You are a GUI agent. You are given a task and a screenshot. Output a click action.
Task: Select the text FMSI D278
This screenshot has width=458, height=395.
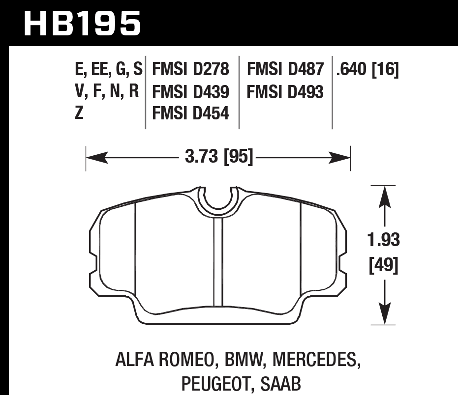point(191,70)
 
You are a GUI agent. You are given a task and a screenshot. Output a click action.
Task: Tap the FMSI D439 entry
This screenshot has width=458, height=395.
point(191,92)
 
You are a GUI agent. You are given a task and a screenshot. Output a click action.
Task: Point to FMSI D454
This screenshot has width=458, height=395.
point(191,113)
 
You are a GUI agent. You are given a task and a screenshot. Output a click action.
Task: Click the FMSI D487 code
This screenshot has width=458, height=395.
point(285,70)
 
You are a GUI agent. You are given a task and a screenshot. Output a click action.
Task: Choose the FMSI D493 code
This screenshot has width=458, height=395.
point(285,92)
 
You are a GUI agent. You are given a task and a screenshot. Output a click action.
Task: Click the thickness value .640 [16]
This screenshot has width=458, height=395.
point(366,70)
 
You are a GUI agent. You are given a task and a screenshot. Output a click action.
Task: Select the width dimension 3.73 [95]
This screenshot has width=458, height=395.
point(219,158)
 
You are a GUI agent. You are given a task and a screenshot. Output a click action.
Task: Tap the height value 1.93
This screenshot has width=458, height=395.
point(384,241)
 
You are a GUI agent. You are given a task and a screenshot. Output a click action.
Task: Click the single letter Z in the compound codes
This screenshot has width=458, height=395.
point(79,113)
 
